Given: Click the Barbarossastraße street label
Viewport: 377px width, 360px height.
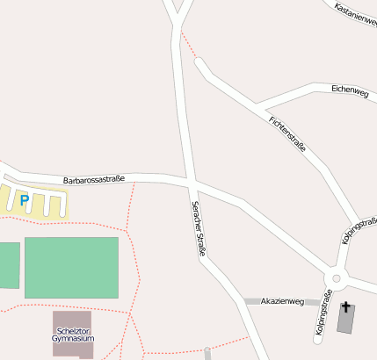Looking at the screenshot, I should (x=100, y=180).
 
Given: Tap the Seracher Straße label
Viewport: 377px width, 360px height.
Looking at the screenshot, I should (x=199, y=228).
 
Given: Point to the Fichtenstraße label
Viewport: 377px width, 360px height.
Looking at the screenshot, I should (x=287, y=133).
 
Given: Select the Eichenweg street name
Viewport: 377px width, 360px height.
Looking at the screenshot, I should (x=350, y=90).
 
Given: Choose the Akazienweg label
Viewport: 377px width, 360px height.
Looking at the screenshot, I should (x=282, y=301).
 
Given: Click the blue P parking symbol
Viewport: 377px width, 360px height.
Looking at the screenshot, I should (x=25, y=201).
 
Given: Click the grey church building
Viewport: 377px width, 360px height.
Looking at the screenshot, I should (x=346, y=320).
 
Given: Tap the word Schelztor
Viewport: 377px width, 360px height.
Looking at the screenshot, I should (x=73, y=330).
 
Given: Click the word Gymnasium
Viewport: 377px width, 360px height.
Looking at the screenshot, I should (x=73, y=338).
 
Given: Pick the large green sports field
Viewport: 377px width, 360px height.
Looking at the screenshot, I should (x=71, y=267).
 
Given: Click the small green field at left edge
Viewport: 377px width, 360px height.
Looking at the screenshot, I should (x=8, y=265).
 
